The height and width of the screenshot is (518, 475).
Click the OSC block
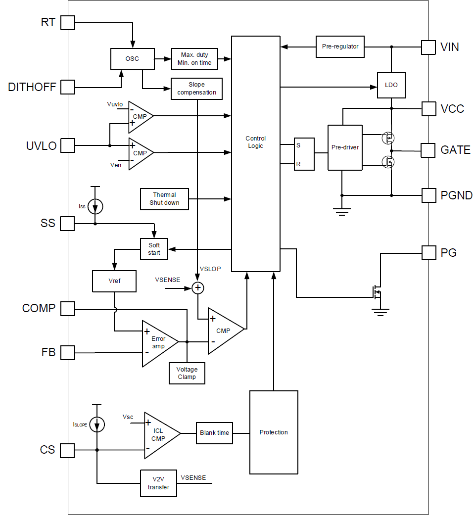point(132,59)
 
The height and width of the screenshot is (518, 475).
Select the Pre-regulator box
point(340,47)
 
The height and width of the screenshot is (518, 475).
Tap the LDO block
point(391,85)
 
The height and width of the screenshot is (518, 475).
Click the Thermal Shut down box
point(164,199)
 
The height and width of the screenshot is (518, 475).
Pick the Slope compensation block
point(196,89)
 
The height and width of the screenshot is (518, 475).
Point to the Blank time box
point(214,433)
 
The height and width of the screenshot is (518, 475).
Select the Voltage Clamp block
point(187,373)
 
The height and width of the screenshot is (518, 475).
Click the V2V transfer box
point(158,483)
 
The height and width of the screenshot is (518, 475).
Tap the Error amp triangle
point(157,342)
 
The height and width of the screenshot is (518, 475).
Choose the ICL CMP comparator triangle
point(159,435)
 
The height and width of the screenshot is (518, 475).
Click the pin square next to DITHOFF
point(67,87)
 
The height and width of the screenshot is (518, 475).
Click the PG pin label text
point(448,253)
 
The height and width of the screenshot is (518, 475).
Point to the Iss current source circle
point(95,207)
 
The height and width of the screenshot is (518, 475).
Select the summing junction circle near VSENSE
point(198,287)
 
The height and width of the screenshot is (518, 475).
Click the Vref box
point(114,281)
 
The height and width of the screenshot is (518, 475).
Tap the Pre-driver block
point(345,147)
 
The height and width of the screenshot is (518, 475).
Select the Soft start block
point(154,249)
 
